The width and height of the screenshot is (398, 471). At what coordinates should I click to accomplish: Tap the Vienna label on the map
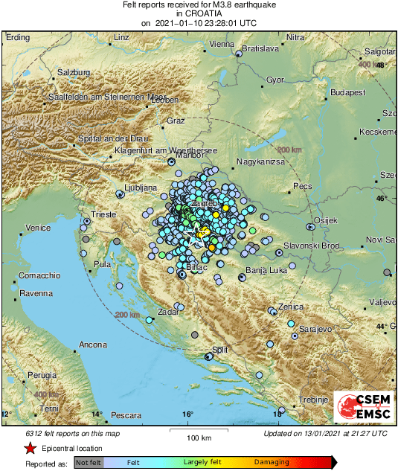pos(222,44)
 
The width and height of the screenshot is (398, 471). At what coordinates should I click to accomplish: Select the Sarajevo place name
pos(314,328)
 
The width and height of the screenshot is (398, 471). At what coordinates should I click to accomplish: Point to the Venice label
pos(37,227)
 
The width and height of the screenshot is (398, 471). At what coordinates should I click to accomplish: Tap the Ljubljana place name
pos(141,188)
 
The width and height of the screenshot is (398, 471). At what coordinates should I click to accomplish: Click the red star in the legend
pos(30,448)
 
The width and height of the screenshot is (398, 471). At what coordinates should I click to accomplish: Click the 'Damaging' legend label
pos(272,462)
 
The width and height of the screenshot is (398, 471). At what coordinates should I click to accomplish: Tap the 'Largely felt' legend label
pos(203,462)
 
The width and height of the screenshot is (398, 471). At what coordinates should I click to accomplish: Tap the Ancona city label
pos(93,345)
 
